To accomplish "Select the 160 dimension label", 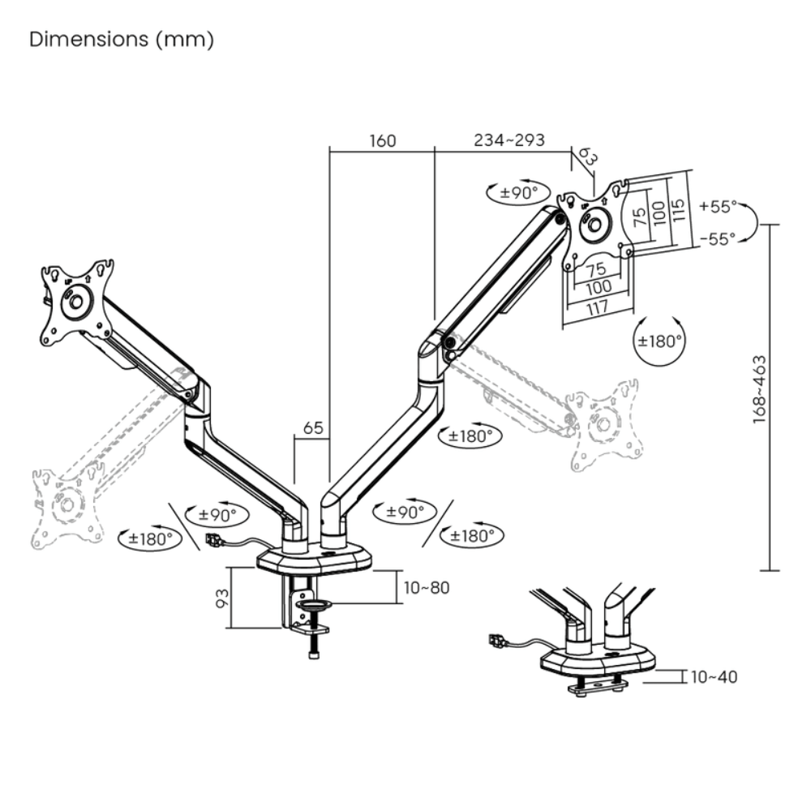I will pyautogui.click(x=383, y=140).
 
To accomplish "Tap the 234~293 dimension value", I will pyautogui.click(x=509, y=140).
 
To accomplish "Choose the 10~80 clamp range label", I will pyautogui.click(x=426, y=587).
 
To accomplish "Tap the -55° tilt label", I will pyautogui.click(x=717, y=238).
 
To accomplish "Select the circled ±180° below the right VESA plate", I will pyautogui.click(x=658, y=341).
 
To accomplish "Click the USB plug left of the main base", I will pyautogui.click(x=214, y=540).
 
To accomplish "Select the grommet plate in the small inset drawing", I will pyautogui.click(x=599, y=686).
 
